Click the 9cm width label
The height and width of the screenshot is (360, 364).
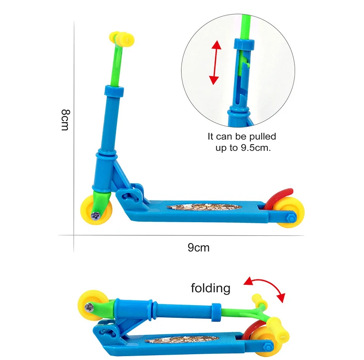tap(199, 247)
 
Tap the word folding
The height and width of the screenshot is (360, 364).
tap(210, 288)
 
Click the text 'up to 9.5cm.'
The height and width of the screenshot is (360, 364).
tap(243, 147)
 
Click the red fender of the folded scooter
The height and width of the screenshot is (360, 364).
tap(248, 333)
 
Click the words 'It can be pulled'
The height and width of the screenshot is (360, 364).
tap(242, 137)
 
